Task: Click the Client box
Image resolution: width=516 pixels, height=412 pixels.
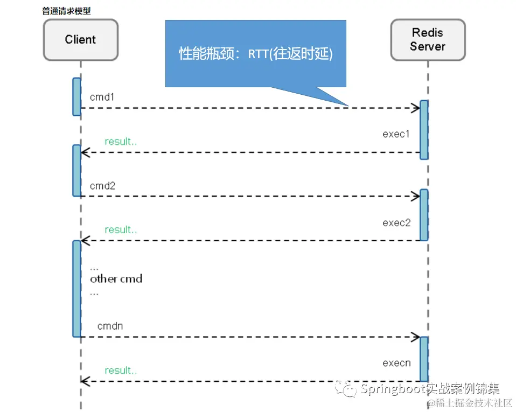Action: pyautogui.click(x=80, y=39)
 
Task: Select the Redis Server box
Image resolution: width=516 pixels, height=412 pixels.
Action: pyautogui.click(x=427, y=40)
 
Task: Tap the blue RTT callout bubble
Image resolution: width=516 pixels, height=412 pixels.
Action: pyautogui.click(x=255, y=53)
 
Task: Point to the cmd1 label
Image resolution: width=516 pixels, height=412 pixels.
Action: pyautogui.click(x=102, y=97)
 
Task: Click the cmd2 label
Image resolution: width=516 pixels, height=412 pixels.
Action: pyautogui.click(x=103, y=186)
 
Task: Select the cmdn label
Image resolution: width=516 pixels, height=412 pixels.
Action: pyautogui.click(x=110, y=326)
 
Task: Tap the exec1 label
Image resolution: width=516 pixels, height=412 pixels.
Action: pyautogui.click(x=396, y=134)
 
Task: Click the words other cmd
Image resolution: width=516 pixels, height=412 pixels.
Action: pyautogui.click(x=116, y=279)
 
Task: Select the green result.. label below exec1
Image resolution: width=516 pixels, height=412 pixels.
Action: pyautogui.click(x=121, y=142)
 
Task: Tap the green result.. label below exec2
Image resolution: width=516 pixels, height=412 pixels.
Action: pyautogui.click(x=121, y=230)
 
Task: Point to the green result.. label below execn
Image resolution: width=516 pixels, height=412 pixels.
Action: pyautogui.click(x=121, y=371)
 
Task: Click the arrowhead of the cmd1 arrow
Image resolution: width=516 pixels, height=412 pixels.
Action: pyautogui.click(x=416, y=108)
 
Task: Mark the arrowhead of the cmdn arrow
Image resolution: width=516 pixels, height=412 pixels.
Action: pyautogui.click(x=416, y=337)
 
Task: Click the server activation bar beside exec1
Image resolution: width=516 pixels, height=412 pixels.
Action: pyautogui.click(x=424, y=130)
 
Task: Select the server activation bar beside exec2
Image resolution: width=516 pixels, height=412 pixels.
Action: pyautogui.click(x=424, y=214)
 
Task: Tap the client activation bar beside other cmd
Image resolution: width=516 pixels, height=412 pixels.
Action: pyautogui.click(x=76, y=288)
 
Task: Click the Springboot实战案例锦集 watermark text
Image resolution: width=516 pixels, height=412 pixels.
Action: pyautogui.click(x=430, y=388)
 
